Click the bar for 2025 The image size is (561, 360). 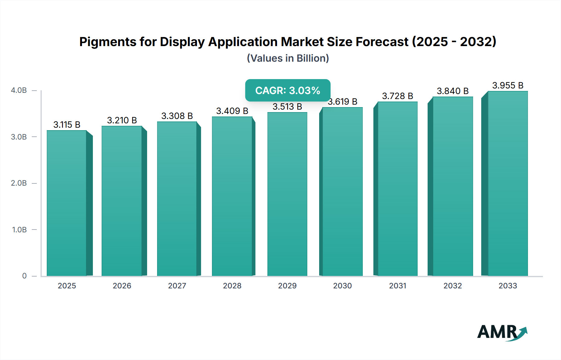point(67,202)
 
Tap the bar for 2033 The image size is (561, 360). point(507,184)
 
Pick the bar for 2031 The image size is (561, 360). point(397,188)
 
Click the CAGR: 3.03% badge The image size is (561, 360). point(288,90)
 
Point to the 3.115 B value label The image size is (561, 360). point(67,125)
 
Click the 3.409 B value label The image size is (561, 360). point(232,111)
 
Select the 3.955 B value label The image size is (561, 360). point(508,85)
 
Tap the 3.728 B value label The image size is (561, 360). point(397,96)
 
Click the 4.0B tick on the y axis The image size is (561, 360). point(19,90)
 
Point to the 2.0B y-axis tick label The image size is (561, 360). point(19,183)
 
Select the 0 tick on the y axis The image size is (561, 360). point(24,276)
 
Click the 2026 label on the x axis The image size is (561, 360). point(122,286)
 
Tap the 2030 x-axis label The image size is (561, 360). point(342,286)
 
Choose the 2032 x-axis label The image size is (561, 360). point(453,286)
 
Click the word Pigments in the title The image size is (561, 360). point(108,42)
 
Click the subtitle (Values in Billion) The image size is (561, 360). point(288,58)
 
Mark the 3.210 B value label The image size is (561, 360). point(122,120)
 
